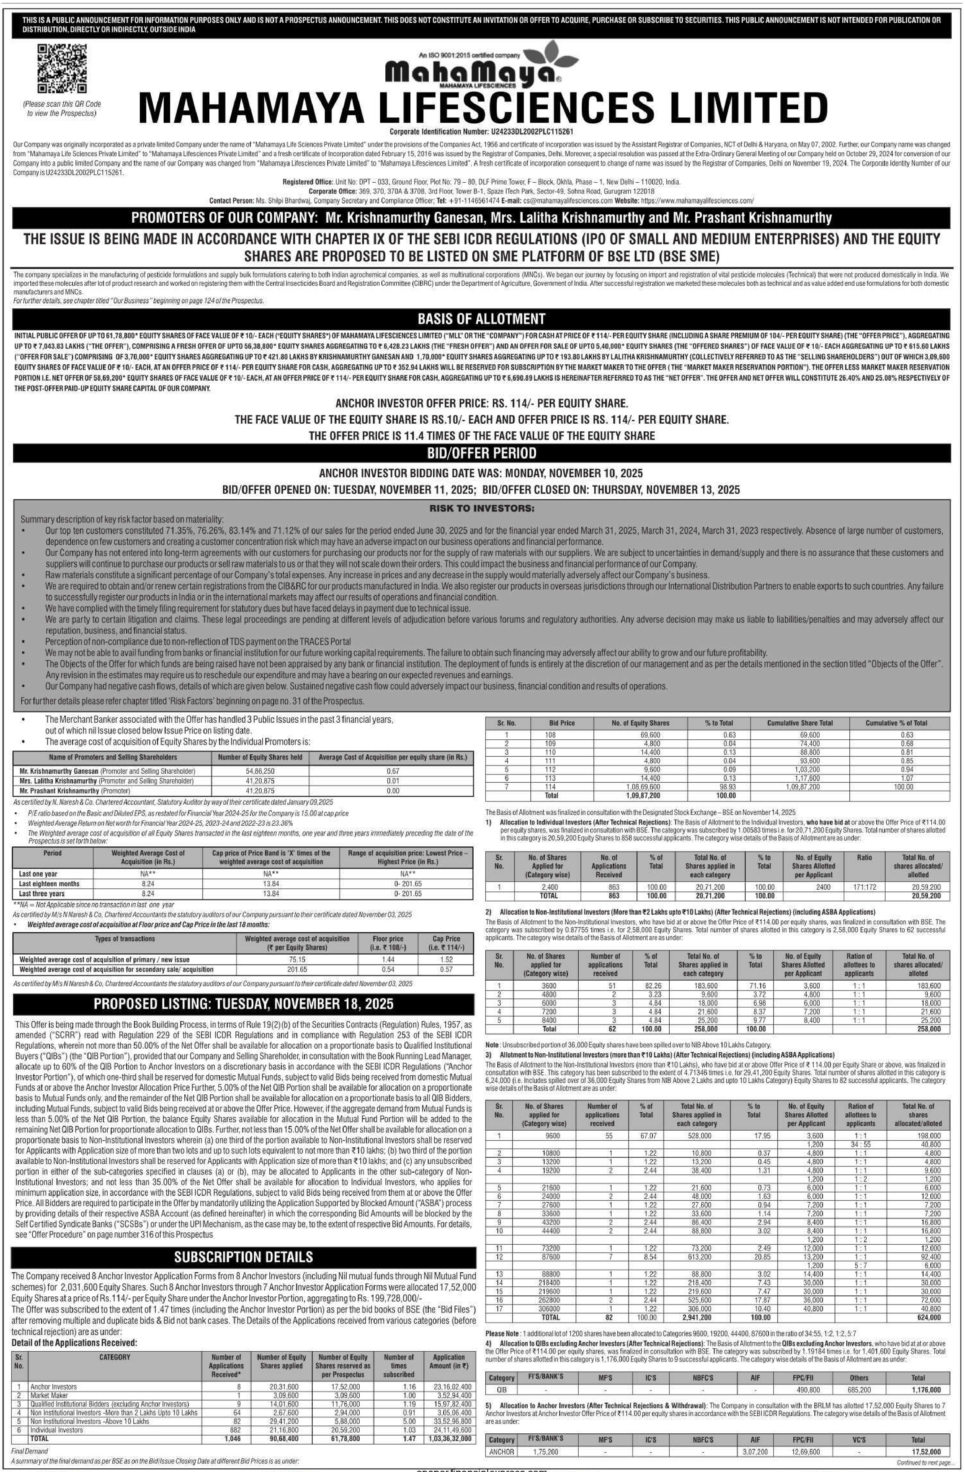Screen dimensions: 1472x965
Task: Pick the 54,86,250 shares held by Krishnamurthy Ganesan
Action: coord(260,771)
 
